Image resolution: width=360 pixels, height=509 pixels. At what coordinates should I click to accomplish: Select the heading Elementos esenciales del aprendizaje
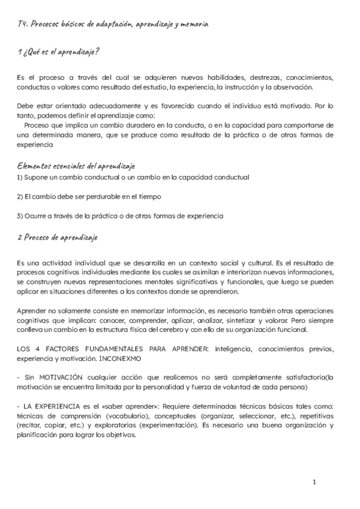click(76, 166)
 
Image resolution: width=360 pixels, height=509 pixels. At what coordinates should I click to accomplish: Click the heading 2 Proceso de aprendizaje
click(58, 238)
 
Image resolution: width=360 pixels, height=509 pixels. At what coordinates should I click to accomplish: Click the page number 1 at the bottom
click(314, 482)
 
